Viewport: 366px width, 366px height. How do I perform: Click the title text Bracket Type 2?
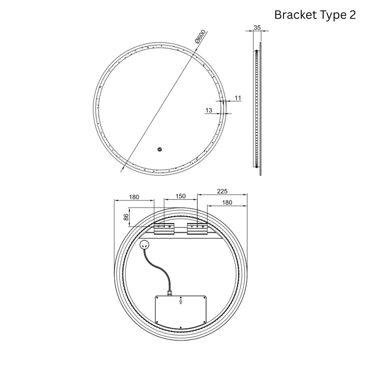click(315, 15)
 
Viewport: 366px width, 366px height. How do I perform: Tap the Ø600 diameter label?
click(201, 37)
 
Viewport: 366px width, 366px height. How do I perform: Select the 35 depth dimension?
click(257, 27)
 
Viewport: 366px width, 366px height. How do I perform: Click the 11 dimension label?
click(238, 98)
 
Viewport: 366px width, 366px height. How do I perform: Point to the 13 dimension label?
click(209, 110)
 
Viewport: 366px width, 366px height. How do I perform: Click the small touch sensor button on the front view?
click(160, 149)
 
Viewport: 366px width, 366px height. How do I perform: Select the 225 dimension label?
click(222, 191)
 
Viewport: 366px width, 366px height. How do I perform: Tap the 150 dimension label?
click(180, 196)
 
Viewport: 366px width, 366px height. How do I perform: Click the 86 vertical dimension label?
click(126, 217)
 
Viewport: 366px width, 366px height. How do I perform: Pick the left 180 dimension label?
click(134, 197)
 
